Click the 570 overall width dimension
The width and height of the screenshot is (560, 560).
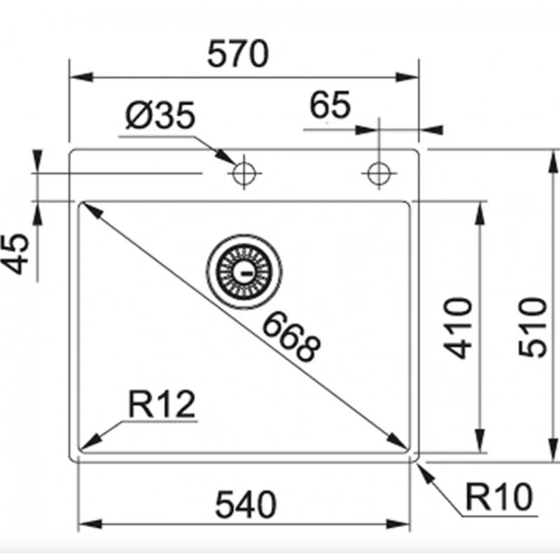(x=237, y=54)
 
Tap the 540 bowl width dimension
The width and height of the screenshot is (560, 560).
(x=246, y=504)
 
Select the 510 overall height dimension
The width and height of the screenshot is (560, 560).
(x=533, y=327)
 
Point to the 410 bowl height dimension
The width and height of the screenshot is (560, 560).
(x=458, y=328)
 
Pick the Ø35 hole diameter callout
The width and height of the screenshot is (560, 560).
(x=160, y=115)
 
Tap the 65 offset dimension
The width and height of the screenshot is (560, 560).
(x=330, y=105)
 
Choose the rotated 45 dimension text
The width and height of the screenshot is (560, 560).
(x=15, y=254)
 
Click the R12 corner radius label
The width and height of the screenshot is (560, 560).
(x=162, y=404)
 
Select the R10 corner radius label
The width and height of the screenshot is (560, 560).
(x=499, y=496)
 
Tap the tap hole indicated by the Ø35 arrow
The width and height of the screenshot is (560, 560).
(x=244, y=174)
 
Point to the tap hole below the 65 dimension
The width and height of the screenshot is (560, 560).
(x=379, y=174)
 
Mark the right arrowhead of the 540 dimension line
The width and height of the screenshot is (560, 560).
(x=398, y=524)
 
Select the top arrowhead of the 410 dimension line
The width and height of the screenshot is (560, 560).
(x=480, y=213)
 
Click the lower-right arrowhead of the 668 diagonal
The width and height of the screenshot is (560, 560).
(x=397, y=440)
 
